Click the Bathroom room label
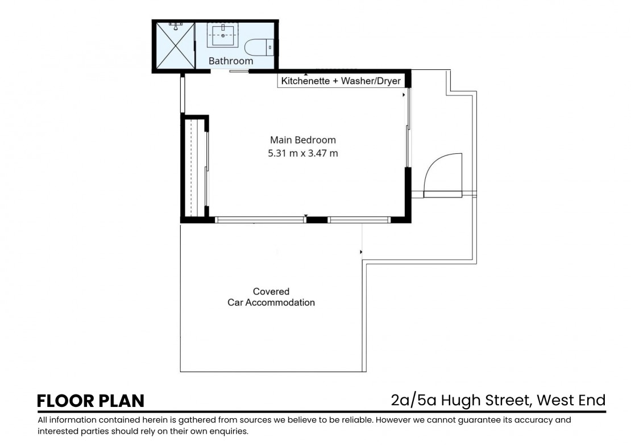[x=231, y=61]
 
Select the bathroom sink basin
[x=222, y=35]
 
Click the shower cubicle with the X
[x=175, y=45]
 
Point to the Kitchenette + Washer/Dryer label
[x=341, y=81]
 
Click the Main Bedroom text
[x=303, y=140]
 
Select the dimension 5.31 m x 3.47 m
[x=303, y=153]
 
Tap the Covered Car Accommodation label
[x=271, y=297]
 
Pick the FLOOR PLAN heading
[x=90, y=401]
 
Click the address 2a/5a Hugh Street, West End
[x=498, y=400]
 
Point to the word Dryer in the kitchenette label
[x=387, y=81]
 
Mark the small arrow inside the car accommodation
[x=361, y=252]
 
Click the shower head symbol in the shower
[x=176, y=27]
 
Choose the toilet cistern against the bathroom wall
[x=270, y=48]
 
